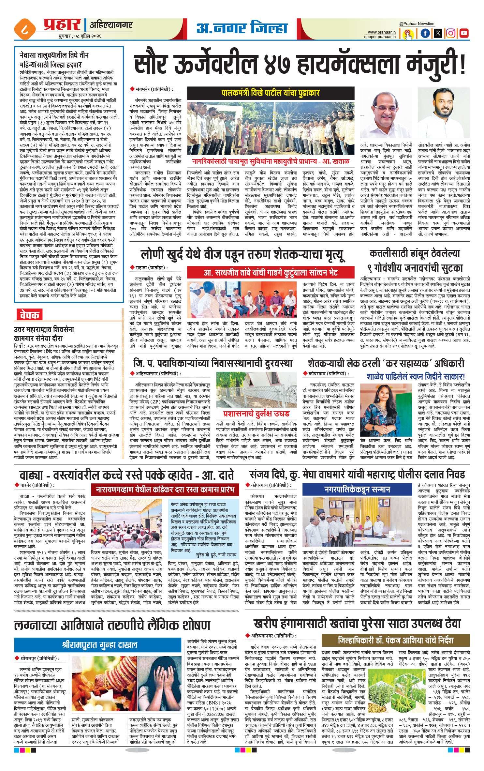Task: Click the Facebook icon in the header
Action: tap(425, 33)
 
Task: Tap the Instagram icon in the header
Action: tap(450, 33)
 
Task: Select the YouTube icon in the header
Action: tap(463, 33)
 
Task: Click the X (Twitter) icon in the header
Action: tap(438, 33)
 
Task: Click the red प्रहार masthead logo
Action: tap(62, 25)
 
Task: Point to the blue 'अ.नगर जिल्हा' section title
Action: tap(242, 28)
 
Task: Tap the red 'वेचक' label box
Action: tap(29, 315)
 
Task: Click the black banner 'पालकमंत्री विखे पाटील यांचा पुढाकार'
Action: tap(271, 93)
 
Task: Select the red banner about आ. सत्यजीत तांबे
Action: tap(271, 272)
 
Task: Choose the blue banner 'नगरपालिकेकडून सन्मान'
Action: tap(357, 490)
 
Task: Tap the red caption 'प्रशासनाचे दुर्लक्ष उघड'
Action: tap(256, 414)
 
